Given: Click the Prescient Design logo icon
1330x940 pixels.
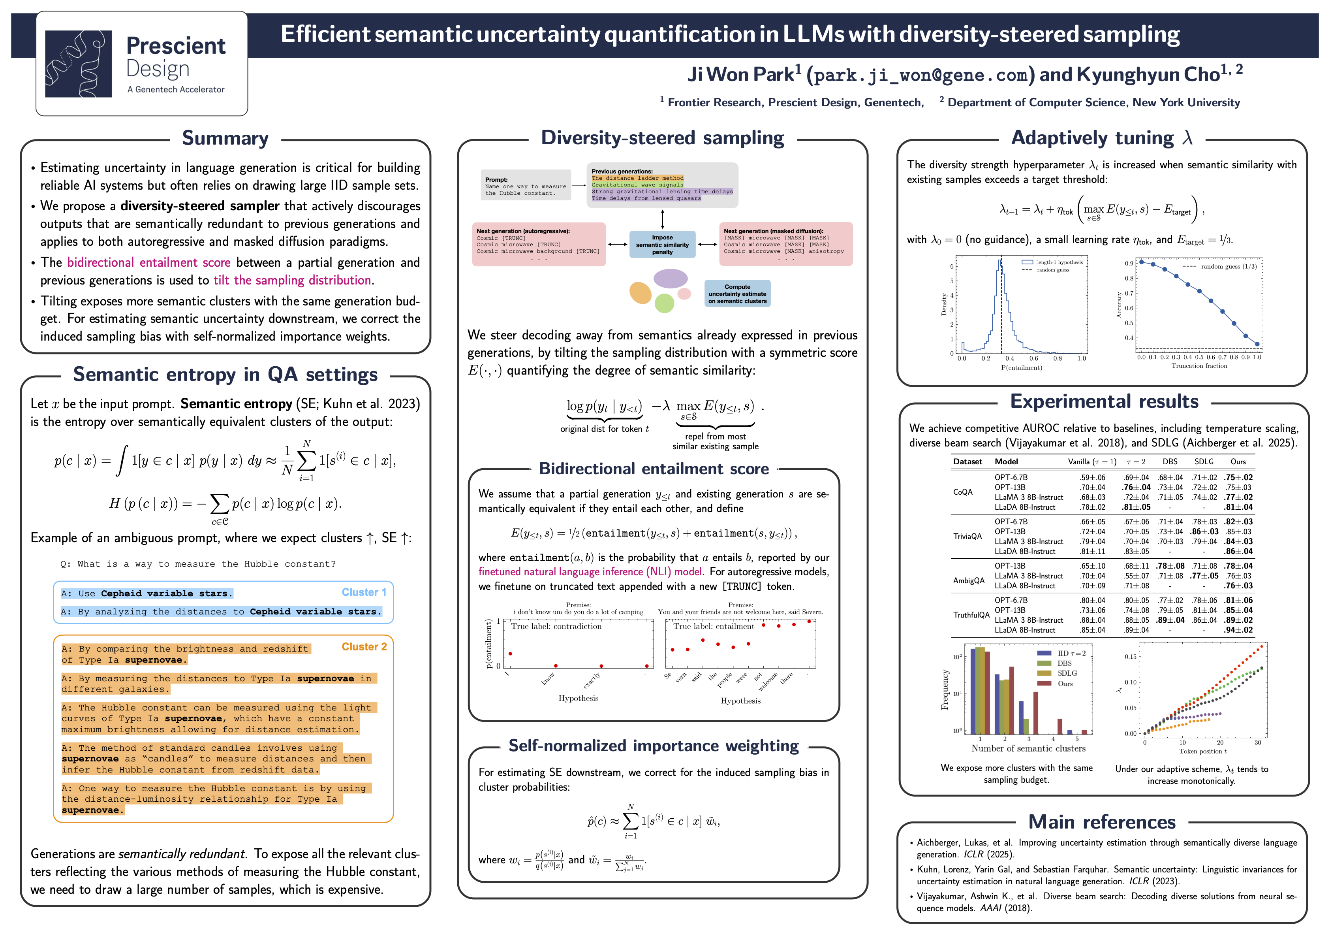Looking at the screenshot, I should pos(78,64).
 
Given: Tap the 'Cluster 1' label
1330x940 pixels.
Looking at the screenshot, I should pos(363,592).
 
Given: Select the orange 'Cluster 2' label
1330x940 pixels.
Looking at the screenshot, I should pos(363,646).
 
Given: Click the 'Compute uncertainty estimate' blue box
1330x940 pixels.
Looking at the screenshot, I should pos(737,294).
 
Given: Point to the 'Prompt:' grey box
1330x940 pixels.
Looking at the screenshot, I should pos(525,185).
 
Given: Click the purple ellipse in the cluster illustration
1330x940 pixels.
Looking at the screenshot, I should pos(670,278).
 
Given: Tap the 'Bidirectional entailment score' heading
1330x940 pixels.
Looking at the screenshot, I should pos(654,468).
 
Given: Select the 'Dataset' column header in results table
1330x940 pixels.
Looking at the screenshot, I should pos(967,461).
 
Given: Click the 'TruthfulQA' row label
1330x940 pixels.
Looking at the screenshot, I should pos(971,615).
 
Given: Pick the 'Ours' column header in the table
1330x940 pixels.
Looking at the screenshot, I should pos(1238,461).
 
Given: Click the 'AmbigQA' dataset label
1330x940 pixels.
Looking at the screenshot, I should pos(969,580).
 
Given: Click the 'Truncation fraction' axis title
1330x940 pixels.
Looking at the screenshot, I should pos(1199,365).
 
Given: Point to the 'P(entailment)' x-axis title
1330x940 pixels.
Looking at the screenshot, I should pos(1021,367).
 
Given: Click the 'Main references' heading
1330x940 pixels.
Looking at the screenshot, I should pos(1101,822).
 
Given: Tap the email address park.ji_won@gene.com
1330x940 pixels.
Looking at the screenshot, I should pos(920,75).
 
